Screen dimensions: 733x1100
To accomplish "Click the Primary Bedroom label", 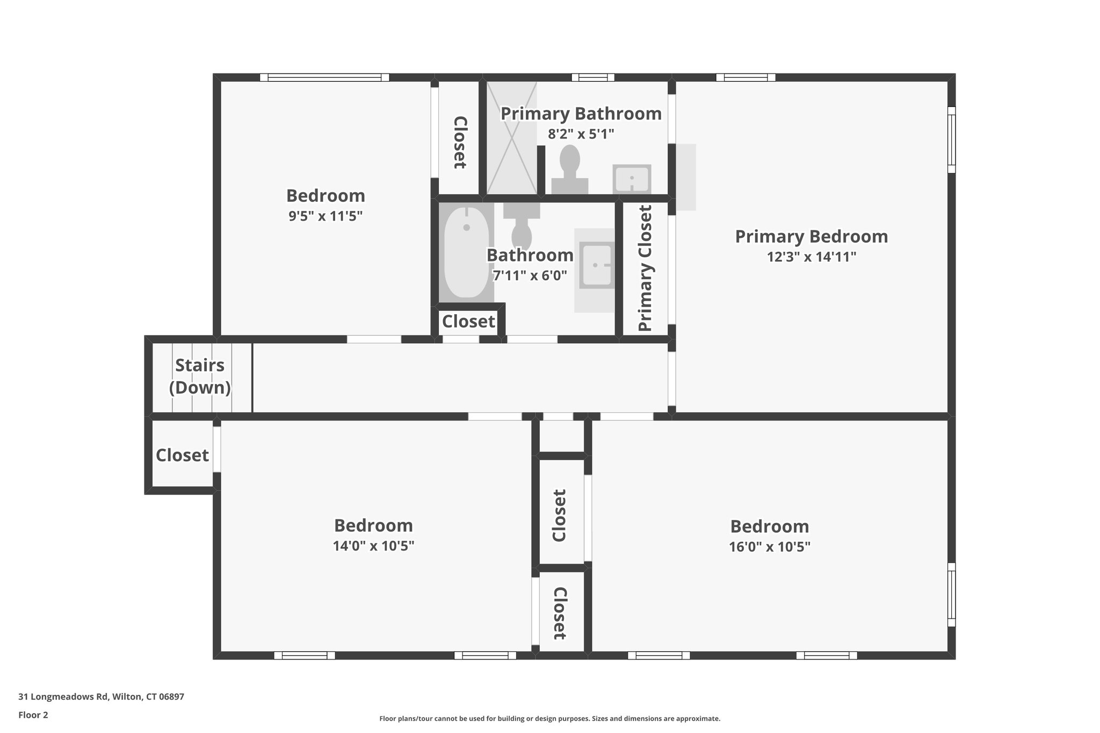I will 811,236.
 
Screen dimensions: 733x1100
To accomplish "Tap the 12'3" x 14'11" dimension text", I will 811,257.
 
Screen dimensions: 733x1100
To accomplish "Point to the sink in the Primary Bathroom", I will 632,179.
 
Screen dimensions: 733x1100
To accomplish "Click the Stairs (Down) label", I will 200,376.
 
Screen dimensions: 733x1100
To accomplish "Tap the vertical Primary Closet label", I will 645,268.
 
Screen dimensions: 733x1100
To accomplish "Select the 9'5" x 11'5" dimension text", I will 325,216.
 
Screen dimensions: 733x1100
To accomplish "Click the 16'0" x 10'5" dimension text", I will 769,547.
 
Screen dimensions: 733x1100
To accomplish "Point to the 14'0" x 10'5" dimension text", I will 373,546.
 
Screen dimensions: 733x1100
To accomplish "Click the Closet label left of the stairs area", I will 182,455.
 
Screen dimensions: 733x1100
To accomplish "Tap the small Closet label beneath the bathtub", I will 468,322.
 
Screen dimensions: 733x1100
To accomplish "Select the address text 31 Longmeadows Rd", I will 102,697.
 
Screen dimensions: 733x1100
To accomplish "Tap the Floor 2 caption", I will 33,715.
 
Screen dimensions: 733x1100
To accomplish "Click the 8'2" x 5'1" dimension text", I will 581,134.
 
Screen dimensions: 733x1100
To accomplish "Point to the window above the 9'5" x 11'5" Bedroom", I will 324,77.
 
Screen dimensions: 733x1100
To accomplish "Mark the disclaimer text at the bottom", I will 549,719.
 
